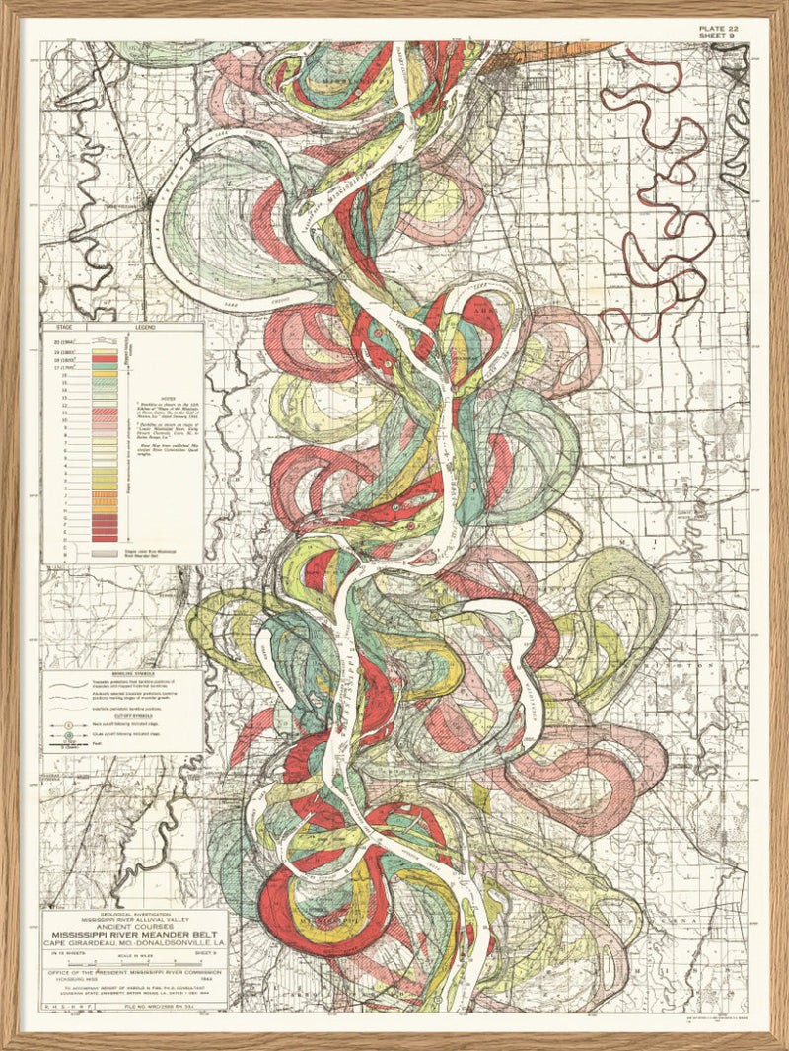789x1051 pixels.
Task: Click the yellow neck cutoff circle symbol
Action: (57, 721)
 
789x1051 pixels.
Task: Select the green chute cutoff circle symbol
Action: (57, 736)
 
